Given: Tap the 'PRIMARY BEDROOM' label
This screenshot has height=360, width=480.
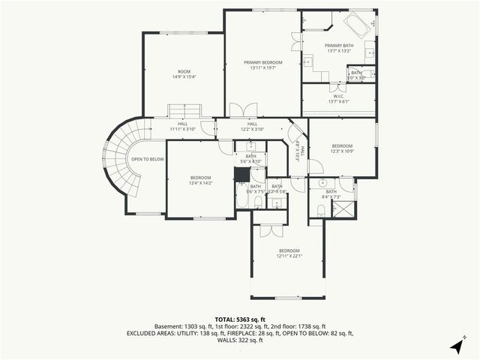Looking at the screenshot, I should click(262, 62).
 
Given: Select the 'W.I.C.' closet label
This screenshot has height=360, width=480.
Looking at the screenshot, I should click(338, 96).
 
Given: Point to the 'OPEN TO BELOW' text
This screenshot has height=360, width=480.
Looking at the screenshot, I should click(148, 159).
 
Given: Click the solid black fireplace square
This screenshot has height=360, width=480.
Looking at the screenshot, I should click(242, 175).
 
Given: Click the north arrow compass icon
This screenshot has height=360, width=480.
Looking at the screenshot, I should click(457, 345).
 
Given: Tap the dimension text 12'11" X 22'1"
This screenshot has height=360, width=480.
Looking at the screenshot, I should click(289, 256).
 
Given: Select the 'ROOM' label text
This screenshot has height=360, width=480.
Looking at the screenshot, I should click(184, 71).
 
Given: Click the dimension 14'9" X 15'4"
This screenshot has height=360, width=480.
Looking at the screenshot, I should click(184, 77).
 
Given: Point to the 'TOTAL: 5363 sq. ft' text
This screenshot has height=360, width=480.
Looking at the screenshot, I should click(240, 319).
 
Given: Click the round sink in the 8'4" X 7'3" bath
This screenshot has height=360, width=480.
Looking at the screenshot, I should click(321, 182).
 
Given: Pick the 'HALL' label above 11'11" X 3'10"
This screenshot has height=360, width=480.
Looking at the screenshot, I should click(182, 124).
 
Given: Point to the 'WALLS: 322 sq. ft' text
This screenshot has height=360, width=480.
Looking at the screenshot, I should click(240, 340).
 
